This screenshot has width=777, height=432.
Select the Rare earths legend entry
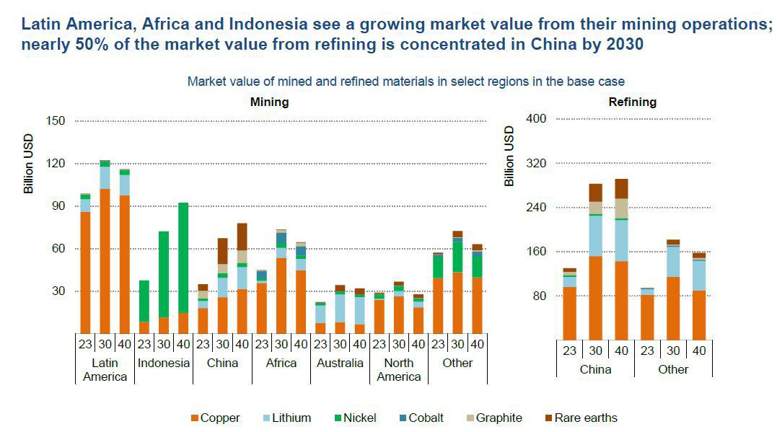pyautogui.click(x=581, y=418)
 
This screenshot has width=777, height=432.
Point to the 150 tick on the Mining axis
pyautogui.click(x=56, y=120)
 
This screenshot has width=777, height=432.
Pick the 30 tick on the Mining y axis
pyautogui.click(x=58, y=291)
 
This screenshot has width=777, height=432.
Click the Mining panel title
pyautogui.click(x=269, y=102)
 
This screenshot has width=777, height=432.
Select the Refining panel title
pyautogui.click(x=633, y=102)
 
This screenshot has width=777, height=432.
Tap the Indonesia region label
pyautogui.click(x=164, y=363)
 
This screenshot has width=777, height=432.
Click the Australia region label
pyautogui.click(x=340, y=363)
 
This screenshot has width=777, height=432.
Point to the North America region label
pyautogui.click(x=399, y=369)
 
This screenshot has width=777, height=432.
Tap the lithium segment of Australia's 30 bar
pyautogui.click(x=340, y=308)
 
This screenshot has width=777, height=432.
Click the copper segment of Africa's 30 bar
pyautogui.click(x=281, y=296)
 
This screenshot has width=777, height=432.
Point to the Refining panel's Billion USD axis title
pyautogui.click(x=509, y=156)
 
